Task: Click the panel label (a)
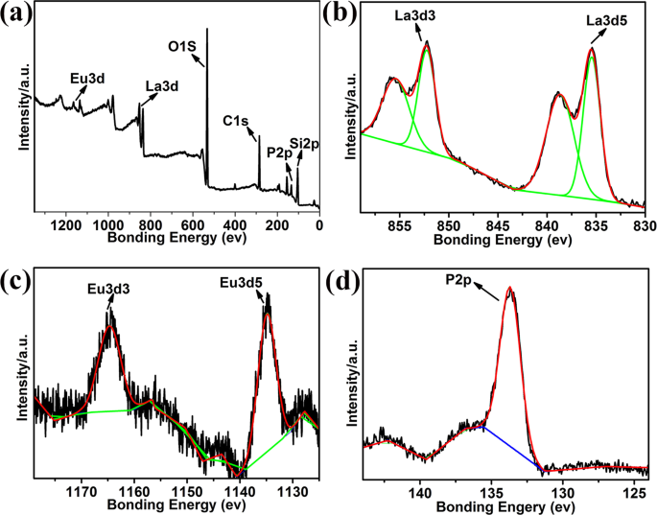pyautogui.click(x=19, y=15)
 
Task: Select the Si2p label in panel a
pyautogui.click(x=305, y=144)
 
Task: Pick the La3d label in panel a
pyautogui.click(x=164, y=86)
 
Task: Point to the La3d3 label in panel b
pyautogui.click(x=414, y=16)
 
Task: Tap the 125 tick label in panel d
pyautogui.click(x=635, y=491)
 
